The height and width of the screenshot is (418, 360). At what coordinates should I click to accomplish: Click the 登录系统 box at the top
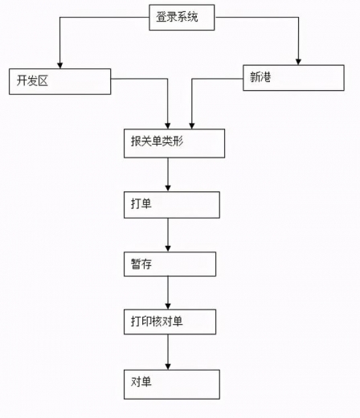(182, 18)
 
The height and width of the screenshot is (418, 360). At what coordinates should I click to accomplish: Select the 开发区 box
(59, 80)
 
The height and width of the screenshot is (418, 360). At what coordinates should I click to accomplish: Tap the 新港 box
(293, 77)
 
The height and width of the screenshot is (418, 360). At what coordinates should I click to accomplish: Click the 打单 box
(170, 204)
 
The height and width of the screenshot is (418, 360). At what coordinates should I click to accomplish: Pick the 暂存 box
(169, 264)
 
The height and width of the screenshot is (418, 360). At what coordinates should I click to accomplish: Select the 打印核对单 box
(170, 322)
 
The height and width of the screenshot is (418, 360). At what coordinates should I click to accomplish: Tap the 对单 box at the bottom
(170, 383)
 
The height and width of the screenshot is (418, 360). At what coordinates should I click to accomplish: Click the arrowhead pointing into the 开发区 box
(59, 64)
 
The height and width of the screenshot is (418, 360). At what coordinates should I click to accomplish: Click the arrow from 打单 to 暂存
(168, 234)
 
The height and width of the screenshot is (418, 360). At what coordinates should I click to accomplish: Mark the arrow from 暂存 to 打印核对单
(168, 292)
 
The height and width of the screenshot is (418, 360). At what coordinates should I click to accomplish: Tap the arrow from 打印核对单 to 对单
(168, 351)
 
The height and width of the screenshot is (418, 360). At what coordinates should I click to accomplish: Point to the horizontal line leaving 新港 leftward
(217, 78)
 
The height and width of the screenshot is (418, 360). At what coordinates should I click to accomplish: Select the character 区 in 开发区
(44, 80)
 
